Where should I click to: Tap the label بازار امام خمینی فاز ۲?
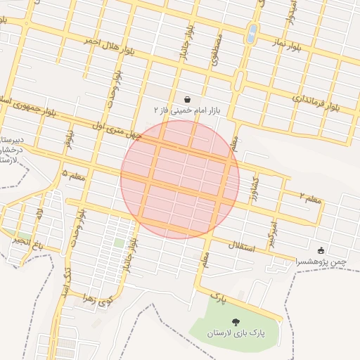click(187, 111)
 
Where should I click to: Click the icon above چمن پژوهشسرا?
click(321, 250)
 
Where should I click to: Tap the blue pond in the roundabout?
click(252, 32)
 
